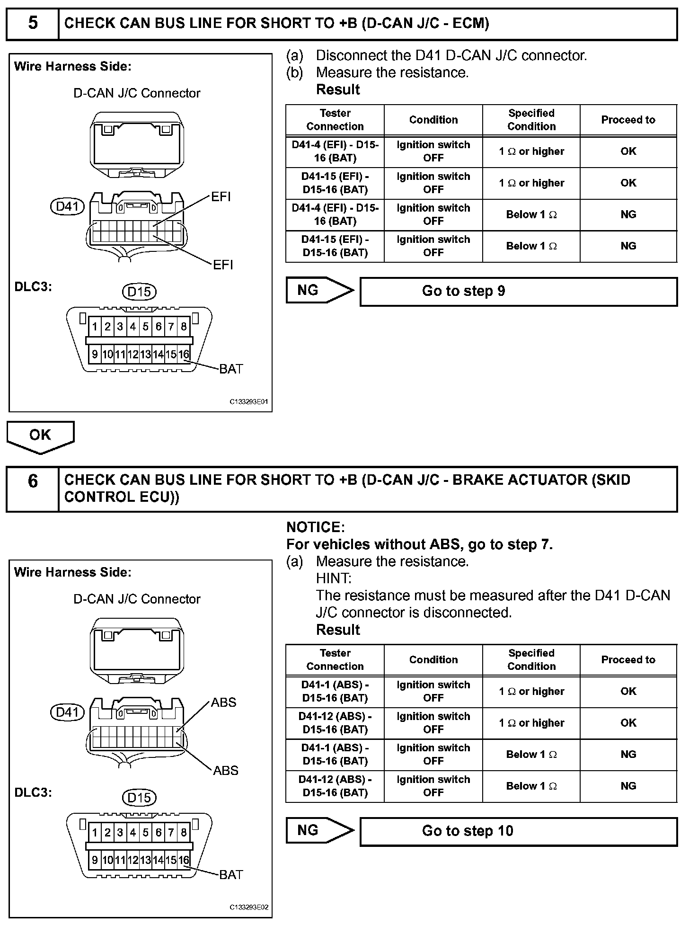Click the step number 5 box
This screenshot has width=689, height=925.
[x=33, y=23]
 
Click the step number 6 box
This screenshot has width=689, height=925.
[x=33, y=489]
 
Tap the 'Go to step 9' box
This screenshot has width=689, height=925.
[x=519, y=291]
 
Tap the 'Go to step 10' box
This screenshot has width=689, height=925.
[x=519, y=831]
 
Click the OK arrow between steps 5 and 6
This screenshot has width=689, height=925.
[x=40, y=436]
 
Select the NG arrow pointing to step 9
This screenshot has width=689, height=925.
[x=319, y=290]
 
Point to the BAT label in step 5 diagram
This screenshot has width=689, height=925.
[x=231, y=369]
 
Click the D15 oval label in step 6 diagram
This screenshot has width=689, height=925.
[x=139, y=798]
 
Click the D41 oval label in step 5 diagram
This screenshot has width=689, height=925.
[x=67, y=206]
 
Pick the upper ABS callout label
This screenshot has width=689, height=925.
[x=223, y=703]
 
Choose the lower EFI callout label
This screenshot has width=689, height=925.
[x=223, y=265]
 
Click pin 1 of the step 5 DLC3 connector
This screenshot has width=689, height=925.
[x=95, y=327]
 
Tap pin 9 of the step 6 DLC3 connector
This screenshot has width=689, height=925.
[x=95, y=860]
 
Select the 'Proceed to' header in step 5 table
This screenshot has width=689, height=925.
[x=628, y=120]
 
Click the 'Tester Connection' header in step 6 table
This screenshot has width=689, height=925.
[x=335, y=659]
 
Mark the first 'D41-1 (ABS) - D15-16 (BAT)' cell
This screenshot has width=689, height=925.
[x=335, y=691]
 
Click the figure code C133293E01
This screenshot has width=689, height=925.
[x=249, y=402]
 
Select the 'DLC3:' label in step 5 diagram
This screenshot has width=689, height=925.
[x=33, y=287]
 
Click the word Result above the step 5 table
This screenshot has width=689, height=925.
[x=338, y=89]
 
